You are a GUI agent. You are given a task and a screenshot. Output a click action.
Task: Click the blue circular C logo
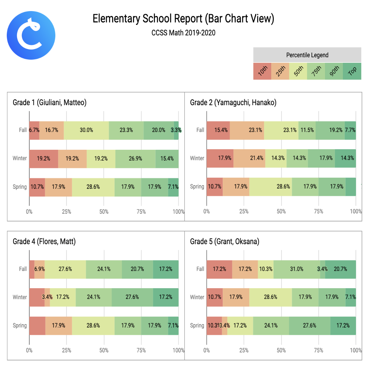click(x=31, y=35)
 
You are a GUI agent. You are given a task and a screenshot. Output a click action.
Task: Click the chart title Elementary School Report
click(x=183, y=19)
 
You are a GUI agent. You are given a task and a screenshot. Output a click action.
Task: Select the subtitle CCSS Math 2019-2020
click(x=183, y=33)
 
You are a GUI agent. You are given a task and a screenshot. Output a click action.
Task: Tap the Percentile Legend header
click(x=307, y=55)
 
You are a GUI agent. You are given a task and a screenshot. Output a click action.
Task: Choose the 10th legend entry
click(x=262, y=71)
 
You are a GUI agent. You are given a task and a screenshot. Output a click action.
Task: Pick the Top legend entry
click(x=352, y=71)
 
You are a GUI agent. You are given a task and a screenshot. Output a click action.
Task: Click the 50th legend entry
click(x=298, y=71)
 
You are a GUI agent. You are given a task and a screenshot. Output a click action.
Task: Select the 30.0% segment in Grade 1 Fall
click(x=86, y=130)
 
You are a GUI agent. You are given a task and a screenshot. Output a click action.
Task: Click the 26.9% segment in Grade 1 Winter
click(x=135, y=159)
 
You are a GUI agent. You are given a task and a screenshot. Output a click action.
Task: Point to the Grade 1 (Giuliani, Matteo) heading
click(x=50, y=102)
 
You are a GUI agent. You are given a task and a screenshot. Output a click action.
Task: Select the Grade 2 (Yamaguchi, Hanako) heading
click(x=233, y=102)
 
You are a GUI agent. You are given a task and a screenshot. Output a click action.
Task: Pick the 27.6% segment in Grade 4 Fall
click(x=65, y=269)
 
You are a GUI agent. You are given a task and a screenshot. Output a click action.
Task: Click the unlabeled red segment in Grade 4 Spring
click(x=37, y=326)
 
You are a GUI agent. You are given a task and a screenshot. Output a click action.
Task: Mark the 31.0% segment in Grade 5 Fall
click(x=297, y=269)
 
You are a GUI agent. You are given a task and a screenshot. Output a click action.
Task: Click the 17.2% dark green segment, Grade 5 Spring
click(x=343, y=326)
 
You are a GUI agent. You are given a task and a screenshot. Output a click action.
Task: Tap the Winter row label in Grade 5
click(x=197, y=297)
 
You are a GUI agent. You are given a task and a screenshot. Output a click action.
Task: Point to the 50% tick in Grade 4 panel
click(x=104, y=350)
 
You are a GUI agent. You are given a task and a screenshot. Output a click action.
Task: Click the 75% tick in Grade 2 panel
click(x=319, y=212)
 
